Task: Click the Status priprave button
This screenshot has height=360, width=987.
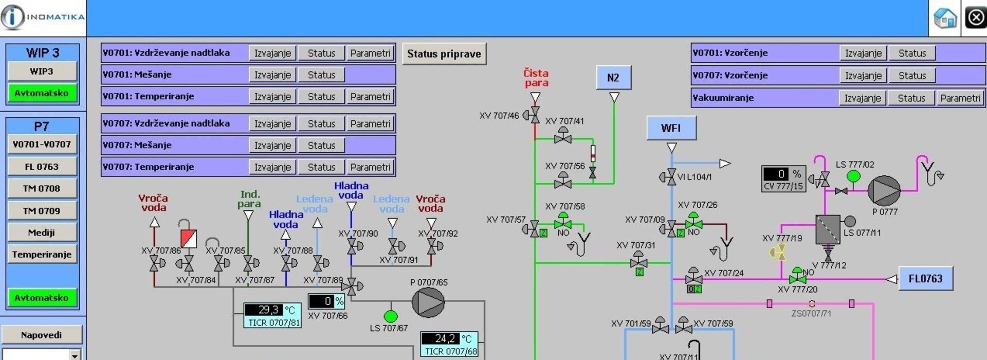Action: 444,54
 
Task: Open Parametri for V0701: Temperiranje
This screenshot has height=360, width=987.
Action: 370,97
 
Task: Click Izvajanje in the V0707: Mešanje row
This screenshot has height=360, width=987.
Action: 272,146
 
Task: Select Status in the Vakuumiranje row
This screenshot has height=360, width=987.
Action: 911,98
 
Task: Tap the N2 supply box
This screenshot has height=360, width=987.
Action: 613,78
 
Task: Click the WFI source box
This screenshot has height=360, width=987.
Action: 671,128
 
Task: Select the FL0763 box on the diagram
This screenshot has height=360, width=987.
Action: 925,279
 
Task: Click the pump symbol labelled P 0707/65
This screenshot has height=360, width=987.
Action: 428,302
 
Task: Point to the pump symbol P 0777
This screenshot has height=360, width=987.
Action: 884,190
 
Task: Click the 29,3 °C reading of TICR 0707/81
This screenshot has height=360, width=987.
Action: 268,310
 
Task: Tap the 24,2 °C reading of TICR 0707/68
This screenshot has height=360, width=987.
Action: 445,338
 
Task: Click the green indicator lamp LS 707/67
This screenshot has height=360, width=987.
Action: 391,316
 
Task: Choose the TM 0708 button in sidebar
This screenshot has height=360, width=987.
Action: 42,189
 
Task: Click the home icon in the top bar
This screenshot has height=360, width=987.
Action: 944,19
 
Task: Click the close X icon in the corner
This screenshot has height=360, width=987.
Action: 975,18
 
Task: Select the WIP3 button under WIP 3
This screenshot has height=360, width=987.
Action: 42,71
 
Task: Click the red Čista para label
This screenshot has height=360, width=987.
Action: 536,78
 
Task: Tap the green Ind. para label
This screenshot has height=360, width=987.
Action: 249,199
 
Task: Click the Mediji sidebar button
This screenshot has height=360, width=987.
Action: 42,232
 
